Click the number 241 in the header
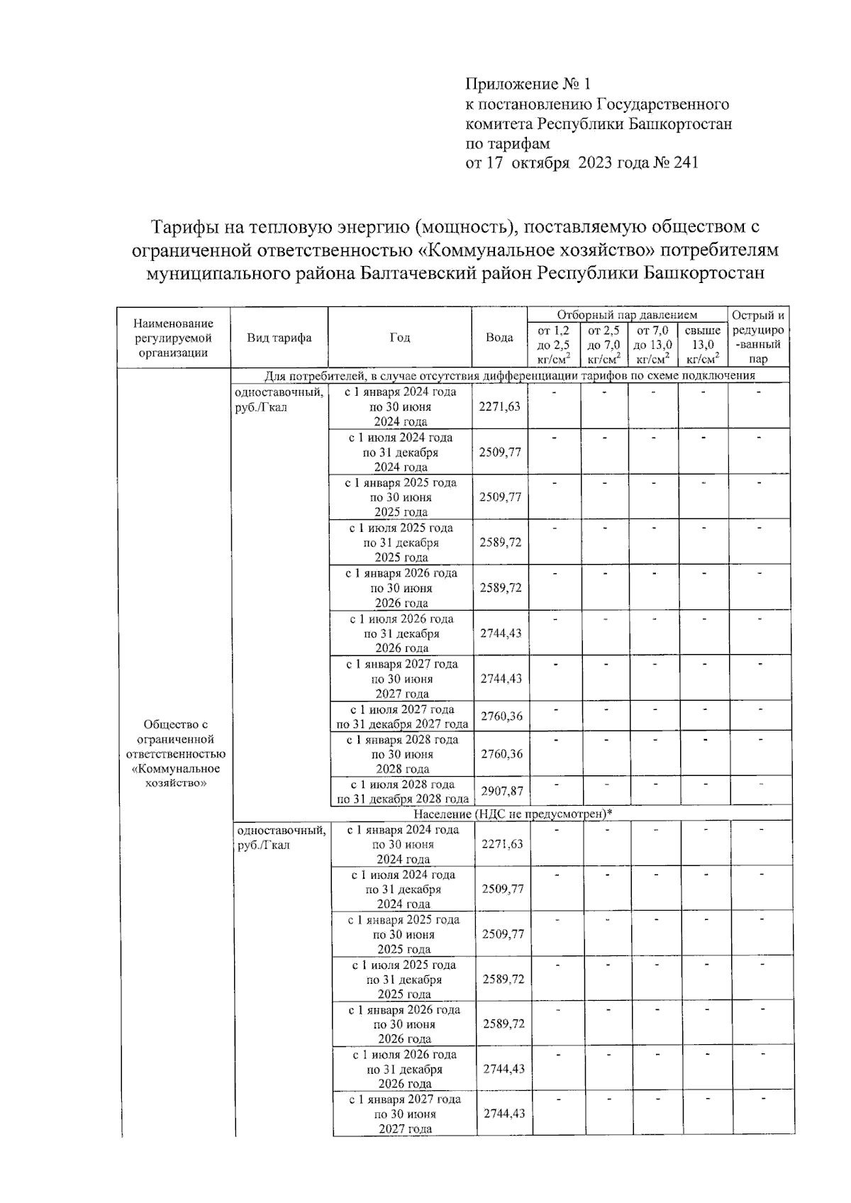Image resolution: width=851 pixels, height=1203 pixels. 685,163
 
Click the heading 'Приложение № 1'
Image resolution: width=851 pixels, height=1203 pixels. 528,85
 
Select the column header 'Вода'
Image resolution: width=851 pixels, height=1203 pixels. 499,338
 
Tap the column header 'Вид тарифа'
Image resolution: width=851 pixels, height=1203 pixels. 279,338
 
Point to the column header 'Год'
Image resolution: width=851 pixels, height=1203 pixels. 400,338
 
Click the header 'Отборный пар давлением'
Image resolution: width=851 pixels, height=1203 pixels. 627,315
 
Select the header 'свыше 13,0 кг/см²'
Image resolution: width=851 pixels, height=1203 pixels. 703,345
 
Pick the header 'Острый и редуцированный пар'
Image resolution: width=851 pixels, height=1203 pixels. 757,337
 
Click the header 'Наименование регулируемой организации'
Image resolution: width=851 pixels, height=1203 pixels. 174,338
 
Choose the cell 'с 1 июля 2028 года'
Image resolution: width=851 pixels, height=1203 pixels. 403,785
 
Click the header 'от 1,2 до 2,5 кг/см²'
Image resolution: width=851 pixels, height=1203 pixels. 554,345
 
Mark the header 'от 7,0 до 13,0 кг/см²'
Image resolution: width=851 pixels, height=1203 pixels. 652,345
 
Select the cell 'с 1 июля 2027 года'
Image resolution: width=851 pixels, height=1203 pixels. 402,709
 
